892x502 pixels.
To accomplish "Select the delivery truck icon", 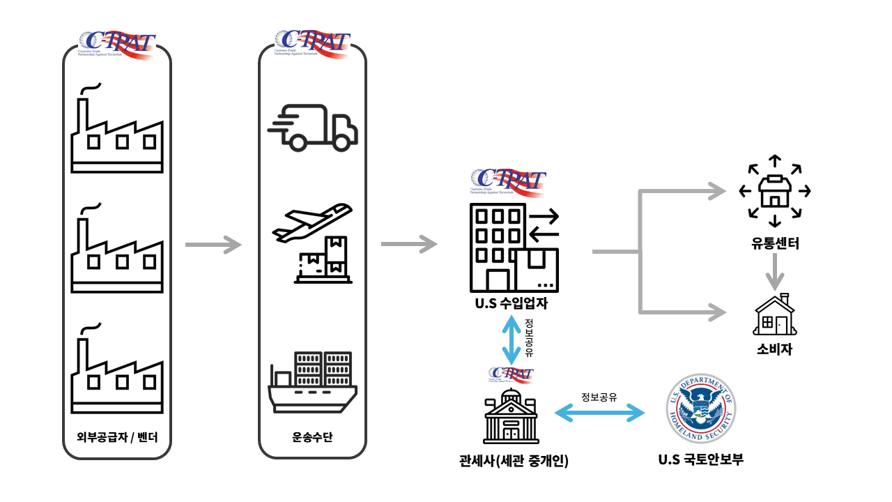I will pos(313,128).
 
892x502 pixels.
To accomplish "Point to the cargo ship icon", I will pos(313,381).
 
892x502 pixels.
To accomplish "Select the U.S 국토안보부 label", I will pos(700,459).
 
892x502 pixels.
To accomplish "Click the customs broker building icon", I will pos(512,414).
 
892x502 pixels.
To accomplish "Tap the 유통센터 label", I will pos(774,244).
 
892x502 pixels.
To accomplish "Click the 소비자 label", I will pos(774,349).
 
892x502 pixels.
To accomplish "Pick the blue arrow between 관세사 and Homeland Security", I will pos(599,413).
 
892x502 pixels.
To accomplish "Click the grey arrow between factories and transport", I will pos(213,245).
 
